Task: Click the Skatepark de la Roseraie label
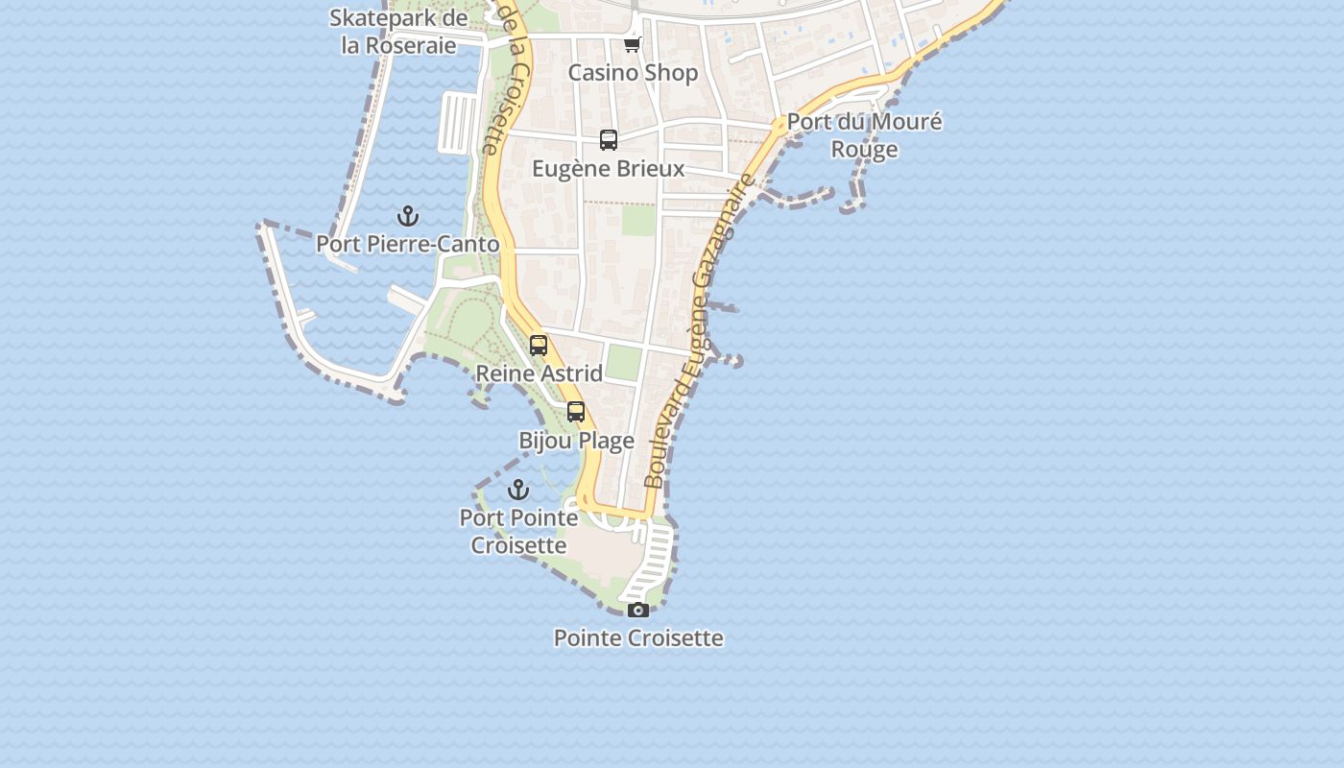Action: click(x=398, y=31)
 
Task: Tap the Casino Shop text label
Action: click(x=633, y=73)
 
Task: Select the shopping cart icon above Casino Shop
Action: click(x=632, y=44)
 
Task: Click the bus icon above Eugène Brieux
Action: click(x=609, y=140)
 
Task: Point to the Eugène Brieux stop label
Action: click(x=609, y=169)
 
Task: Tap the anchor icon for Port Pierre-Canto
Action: click(x=408, y=216)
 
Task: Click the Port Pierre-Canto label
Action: click(x=408, y=244)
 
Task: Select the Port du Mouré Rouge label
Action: click(x=864, y=135)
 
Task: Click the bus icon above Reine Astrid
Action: click(x=539, y=346)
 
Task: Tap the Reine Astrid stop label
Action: click(x=540, y=373)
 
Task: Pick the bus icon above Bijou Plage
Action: click(x=576, y=412)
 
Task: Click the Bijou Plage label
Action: click(x=576, y=441)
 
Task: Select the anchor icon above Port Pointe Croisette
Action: click(x=518, y=490)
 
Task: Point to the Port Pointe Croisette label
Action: click(x=518, y=531)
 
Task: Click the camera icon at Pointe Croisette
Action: click(x=638, y=610)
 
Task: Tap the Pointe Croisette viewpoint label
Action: click(x=638, y=637)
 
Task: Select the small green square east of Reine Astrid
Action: click(x=624, y=362)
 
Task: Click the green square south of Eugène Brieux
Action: click(x=638, y=220)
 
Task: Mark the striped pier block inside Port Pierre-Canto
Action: click(x=458, y=123)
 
